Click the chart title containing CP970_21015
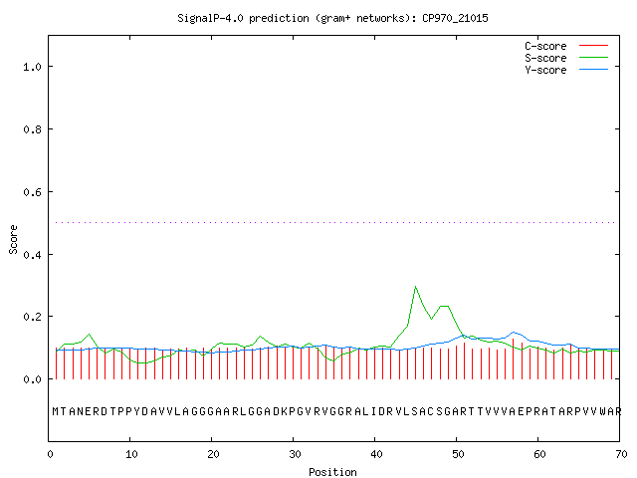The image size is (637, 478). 332,18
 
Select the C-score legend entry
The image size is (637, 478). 566,46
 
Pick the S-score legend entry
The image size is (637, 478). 566,58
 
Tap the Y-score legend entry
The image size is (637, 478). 566,70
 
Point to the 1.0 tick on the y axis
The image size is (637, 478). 33,67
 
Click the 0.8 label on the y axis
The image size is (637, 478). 33,129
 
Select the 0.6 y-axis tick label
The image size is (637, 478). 33,192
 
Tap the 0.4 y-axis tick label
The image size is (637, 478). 33,255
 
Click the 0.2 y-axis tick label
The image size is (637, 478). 33,317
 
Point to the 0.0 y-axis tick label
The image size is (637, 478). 33,379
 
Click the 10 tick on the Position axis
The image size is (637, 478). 131,454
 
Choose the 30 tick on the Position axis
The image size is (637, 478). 295,454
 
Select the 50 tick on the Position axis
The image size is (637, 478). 458,454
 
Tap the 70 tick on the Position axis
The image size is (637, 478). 621,454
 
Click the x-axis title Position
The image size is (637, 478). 332,472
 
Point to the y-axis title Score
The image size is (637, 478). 13,239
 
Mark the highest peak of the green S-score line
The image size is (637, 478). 415,287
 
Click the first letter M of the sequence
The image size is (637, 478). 56,411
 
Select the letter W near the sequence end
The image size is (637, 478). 604,411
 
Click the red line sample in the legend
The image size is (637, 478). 593,46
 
